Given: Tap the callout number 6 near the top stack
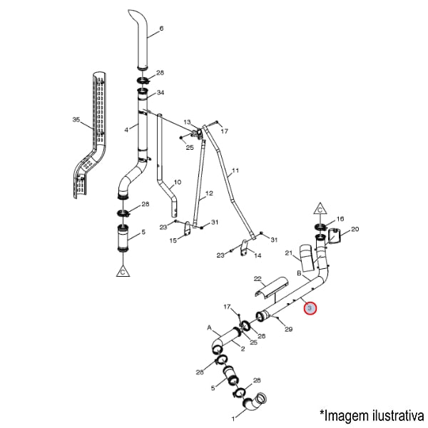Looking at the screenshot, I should tap(161, 29).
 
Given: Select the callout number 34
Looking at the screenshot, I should tap(160, 93).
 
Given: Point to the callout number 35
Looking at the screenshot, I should tap(76, 120).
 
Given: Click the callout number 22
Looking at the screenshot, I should tap(258, 279).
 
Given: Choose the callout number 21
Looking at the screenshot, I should tap(289, 253).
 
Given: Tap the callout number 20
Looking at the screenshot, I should tap(355, 229).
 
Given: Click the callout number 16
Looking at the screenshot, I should tap(340, 219).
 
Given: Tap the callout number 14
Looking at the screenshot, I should tap(258, 255).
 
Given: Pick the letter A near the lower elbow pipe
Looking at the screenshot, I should tap(210, 329).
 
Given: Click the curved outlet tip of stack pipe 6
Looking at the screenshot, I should tap(134, 16).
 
